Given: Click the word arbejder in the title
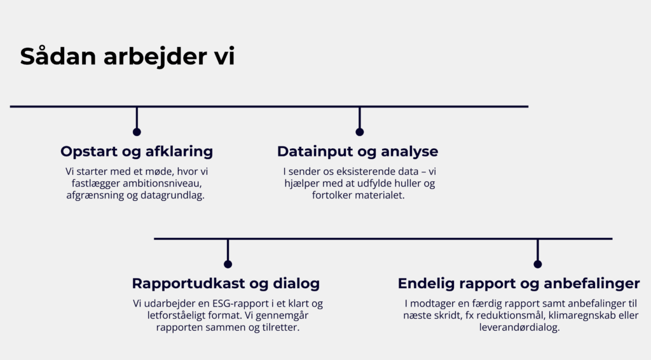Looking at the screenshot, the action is coord(156,56).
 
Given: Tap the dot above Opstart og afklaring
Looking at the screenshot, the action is coord(137,132).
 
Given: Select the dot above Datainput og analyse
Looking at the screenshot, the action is coord(360,132).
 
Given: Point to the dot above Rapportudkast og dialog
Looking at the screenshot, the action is coord(228,264).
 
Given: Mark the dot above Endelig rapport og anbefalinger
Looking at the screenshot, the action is coord(538,264).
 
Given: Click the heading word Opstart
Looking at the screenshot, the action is coord(88,151).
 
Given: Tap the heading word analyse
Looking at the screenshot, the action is coord(409,152).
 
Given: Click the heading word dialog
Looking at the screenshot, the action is coord(296,284).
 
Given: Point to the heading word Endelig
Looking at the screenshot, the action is coord(425,284).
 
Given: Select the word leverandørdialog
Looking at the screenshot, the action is coord(519,327).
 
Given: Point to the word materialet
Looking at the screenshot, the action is coord(381,195).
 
